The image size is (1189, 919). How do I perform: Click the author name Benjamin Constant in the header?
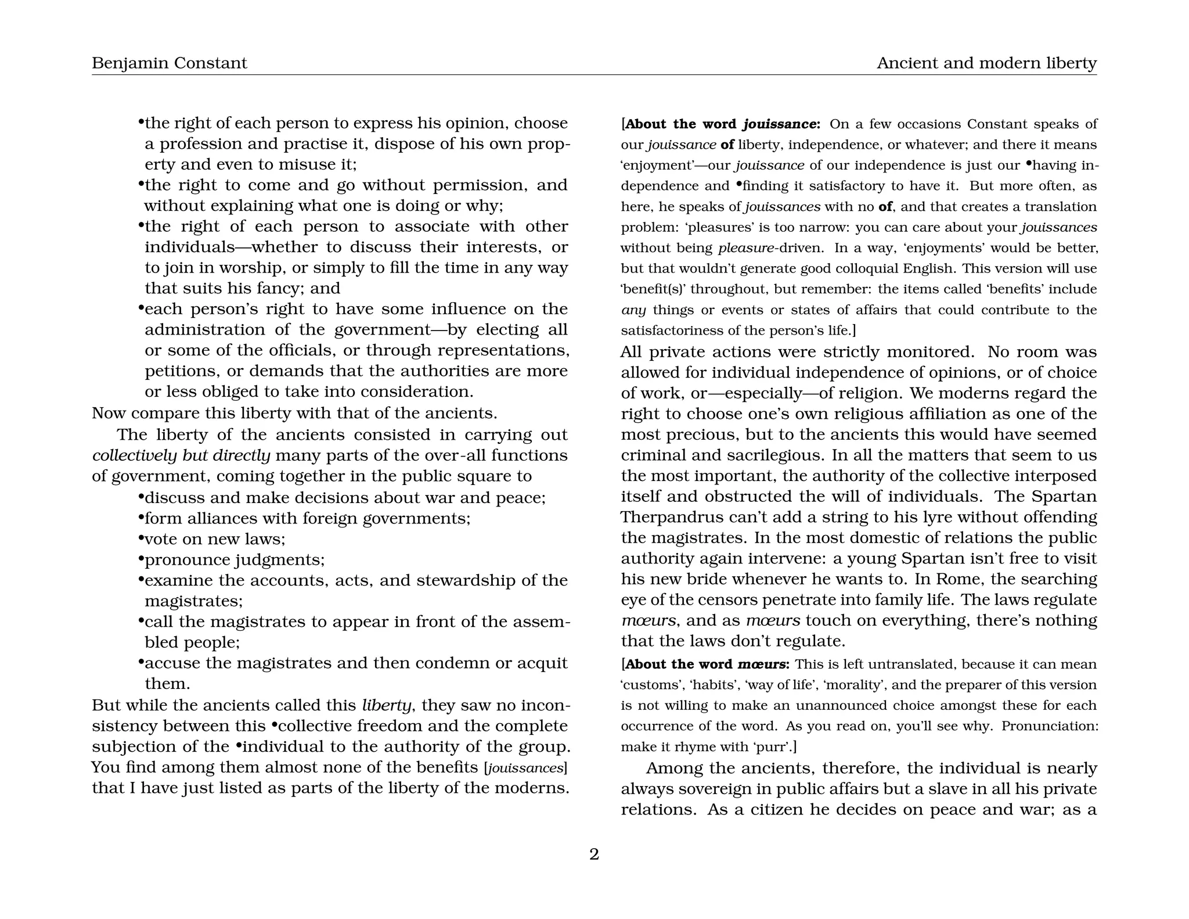[169, 63]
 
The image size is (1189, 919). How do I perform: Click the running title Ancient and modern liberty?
[986, 63]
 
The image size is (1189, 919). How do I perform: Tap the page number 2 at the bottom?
[594, 854]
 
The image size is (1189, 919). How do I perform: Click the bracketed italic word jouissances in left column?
[525, 768]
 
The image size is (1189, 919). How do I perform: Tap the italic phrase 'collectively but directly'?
[181, 455]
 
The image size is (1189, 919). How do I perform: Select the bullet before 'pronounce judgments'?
[140, 558]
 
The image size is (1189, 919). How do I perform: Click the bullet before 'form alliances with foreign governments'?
[140, 516]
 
